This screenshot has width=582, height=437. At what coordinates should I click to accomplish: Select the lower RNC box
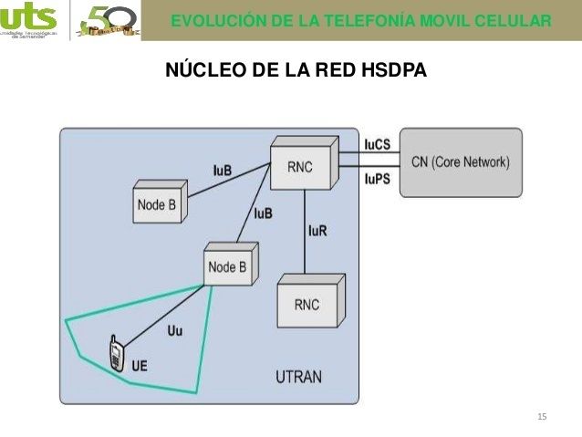[307, 304]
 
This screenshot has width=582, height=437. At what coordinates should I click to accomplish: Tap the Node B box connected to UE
[227, 267]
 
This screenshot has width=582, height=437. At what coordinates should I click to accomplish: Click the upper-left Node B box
[157, 205]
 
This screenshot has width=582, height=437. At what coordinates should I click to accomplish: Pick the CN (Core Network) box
[461, 161]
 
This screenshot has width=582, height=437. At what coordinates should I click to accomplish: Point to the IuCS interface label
[378, 145]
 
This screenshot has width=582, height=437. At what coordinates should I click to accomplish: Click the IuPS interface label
[377, 179]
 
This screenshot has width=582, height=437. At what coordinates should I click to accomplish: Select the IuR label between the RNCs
[317, 230]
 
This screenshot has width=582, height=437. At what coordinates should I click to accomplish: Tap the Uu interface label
[175, 330]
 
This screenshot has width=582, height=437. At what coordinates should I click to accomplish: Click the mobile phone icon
[117, 355]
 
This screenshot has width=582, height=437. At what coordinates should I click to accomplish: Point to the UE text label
[140, 366]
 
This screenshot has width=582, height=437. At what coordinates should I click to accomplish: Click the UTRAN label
[298, 377]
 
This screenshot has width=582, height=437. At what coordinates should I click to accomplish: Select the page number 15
[543, 417]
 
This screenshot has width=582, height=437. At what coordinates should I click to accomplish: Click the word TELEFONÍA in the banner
[344, 20]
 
